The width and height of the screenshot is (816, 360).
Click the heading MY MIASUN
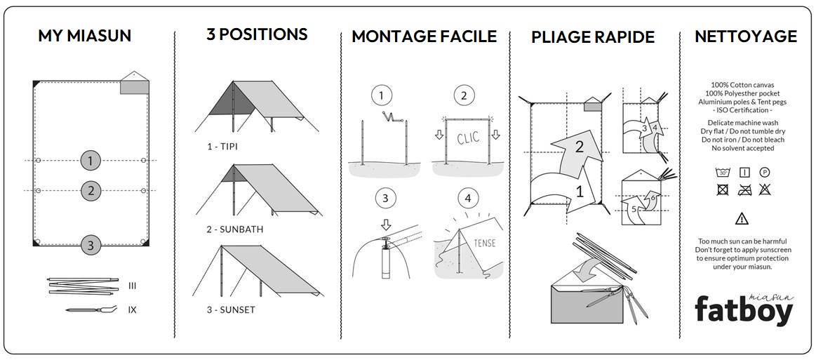tap(84, 36)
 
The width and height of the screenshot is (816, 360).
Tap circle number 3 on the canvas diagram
tap(90, 245)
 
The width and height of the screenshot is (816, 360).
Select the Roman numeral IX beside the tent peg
tap(132, 309)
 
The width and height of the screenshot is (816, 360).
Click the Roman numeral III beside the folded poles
tap(132, 286)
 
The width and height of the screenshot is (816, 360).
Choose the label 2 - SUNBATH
tap(235, 229)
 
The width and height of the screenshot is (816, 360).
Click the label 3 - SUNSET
tap(231, 309)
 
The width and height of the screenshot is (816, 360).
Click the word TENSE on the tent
tap(485, 243)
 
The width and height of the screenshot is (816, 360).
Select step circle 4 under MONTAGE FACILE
tap(468, 199)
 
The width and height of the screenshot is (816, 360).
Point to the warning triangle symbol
tap(741, 218)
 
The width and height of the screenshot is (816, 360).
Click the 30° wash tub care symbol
tap(721, 172)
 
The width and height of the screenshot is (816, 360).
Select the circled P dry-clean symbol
tap(765, 172)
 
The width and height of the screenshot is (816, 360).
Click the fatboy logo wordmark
tap(744, 309)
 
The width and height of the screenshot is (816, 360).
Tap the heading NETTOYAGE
tap(745, 36)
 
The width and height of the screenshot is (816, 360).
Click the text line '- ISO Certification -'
tap(741, 110)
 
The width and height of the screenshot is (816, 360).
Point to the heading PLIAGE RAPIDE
tap(593, 37)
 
